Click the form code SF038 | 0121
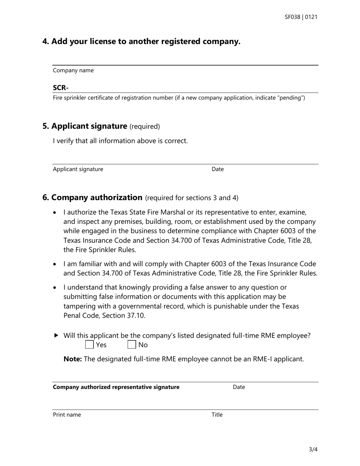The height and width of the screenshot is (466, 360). click(x=301, y=17)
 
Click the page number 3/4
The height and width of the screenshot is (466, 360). click(x=313, y=450)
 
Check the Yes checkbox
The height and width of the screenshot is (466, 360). click(x=89, y=345)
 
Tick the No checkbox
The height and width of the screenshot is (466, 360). click(x=131, y=345)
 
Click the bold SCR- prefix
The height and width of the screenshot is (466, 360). click(x=61, y=88)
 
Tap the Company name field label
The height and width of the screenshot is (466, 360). click(x=73, y=70)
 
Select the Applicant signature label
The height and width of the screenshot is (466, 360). click(x=78, y=169)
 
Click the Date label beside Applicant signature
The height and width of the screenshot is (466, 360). click(x=218, y=169)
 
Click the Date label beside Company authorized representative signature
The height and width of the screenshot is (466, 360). click(x=239, y=387)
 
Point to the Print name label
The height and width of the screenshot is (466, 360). click(x=67, y=415)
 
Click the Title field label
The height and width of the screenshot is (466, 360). click(x=217, y=415)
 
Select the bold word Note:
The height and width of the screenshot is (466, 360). click(x=72, y=359)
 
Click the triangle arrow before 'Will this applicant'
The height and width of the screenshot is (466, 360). click(x=56, y=335)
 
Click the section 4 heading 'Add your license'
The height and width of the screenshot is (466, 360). click(x=141, y=41)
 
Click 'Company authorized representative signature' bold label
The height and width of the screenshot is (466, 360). click(x=116, y=387)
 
